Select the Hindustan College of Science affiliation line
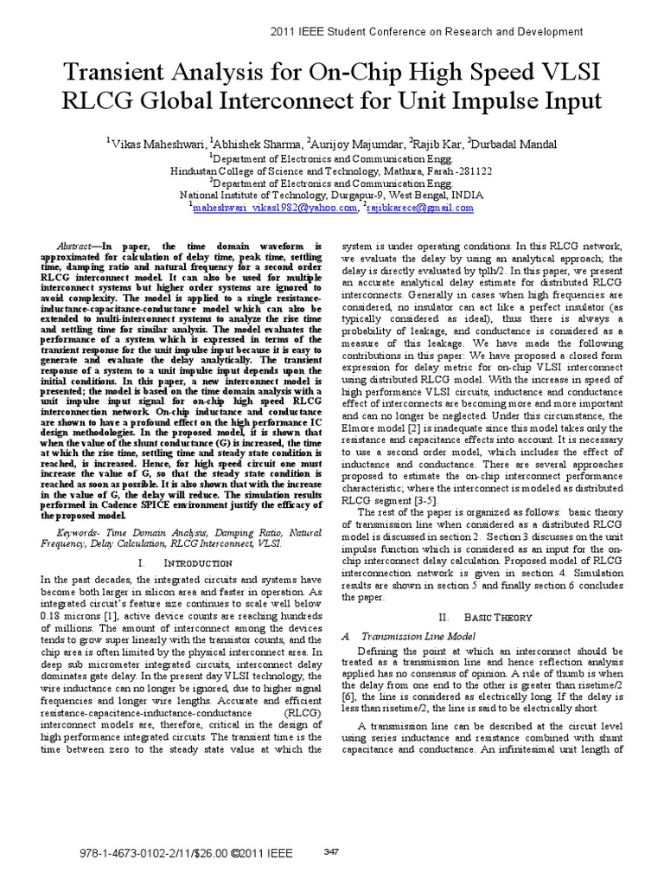[332, 171]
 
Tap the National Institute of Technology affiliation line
[332, 196]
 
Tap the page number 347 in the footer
[330, 851]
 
